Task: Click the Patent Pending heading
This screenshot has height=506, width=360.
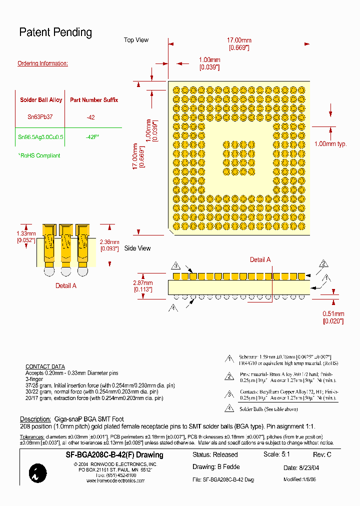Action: [55, 32]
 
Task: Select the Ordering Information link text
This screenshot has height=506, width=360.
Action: [42, 63]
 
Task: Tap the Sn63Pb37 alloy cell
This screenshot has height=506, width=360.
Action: [39, 116]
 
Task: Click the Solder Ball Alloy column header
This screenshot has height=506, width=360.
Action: [41, 100]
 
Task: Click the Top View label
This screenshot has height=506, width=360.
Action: [136, 40]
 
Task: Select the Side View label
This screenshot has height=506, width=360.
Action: [137, 248]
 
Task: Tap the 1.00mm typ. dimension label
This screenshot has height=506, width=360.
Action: [330, 144]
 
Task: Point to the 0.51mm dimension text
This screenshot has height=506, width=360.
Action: [333, 314]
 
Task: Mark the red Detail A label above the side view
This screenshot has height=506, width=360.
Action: [260, 259]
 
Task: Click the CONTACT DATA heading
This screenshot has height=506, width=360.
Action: [45, 366]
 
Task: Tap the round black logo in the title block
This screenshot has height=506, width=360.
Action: [38, 473]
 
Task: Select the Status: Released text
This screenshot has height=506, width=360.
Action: [215, 455]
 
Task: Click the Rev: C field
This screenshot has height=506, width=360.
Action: [322, 455]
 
